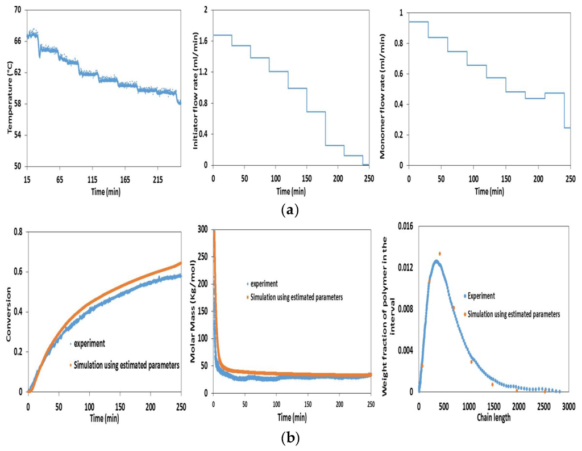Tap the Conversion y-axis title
[x=10, y=321]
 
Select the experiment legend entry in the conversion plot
[x=90, y=343]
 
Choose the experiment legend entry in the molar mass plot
[x=267, y=284]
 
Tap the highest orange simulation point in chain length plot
[x=439, y=254]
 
